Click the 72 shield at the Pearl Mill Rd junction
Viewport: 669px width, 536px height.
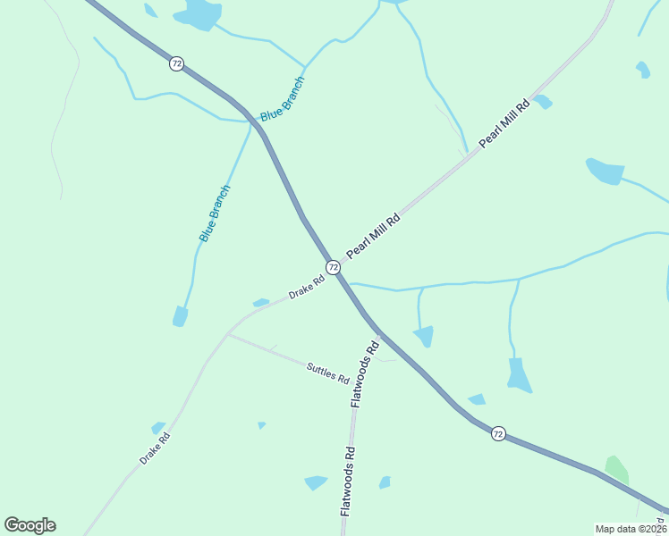(333, 267)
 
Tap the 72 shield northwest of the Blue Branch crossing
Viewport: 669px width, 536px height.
(177, 63)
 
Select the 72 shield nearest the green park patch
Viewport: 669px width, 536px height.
(498, 433)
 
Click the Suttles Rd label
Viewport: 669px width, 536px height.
(327, 373)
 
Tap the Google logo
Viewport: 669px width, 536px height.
(30, 524)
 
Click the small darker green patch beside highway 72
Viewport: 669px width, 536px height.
(616, 469)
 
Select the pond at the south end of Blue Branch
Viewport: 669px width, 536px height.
(180, 316)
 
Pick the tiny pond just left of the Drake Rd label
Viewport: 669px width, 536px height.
(261, 303)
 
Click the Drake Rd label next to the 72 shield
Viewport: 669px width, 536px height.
(306, 288)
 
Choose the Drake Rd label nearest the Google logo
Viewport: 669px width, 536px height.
(155, 448)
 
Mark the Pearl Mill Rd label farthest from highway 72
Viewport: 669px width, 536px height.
(504, 123)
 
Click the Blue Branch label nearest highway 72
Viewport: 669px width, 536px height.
(283, 98)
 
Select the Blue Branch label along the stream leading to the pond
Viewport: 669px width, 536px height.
(215, 214)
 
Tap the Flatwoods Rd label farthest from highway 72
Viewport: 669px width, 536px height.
(348, 481)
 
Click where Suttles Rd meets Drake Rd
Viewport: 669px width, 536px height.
(228, 335)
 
